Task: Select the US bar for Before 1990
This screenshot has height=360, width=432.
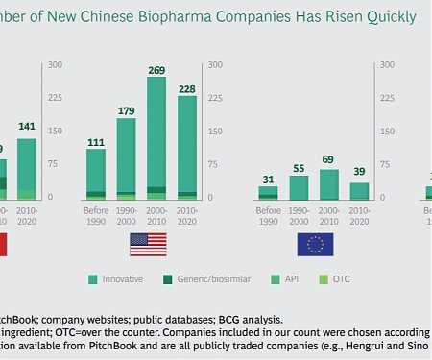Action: tap(95, 174)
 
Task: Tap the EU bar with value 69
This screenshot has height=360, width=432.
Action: tap(328, 183)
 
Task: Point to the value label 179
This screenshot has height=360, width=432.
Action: tap(125, 109)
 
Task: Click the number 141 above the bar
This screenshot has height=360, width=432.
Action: tap(29, 126)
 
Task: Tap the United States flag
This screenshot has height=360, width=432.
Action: tap(147, 244)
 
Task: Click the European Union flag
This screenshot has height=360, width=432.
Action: tap(315, 244)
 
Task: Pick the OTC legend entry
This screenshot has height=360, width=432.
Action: tap(338, 279)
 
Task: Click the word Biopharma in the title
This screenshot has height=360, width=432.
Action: tap(194, 16)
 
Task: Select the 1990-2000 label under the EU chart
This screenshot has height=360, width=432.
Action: tap(299, 211)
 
